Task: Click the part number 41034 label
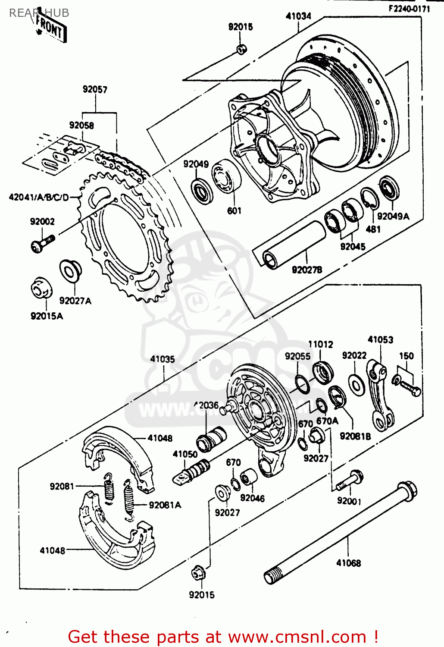pyautogui.click(x=298, y=16)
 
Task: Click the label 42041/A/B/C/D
pyautogui.click(x=39, y=198)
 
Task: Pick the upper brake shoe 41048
pyautogui.click(x=119, y=457)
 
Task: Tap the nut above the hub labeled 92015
pyautogui.click(x=241, y=49)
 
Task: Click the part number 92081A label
pyautogui.click(x=165, y=505)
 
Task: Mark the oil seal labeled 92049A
pyautogui.click(x=389, y=188)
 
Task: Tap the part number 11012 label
pyautogui.click(x=320, y=344)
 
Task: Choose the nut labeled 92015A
pyautogui.click(x=42, y=288)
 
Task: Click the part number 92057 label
pyautogui.click(x=95, y=90)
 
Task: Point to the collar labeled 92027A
pyautogui.click(x=70, y=270)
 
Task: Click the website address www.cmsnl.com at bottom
pyautogui.click(x=297, y=637)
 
